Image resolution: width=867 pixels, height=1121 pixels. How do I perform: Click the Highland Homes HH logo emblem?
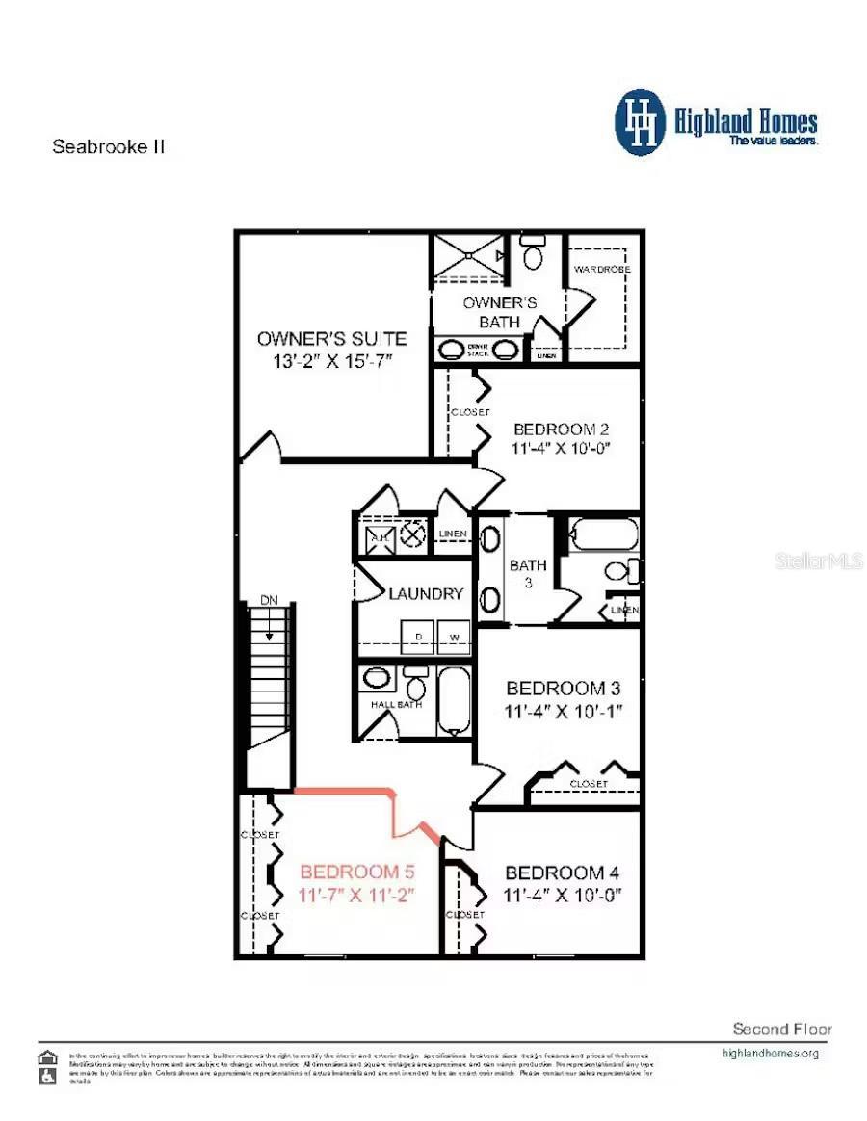tap(641, 122)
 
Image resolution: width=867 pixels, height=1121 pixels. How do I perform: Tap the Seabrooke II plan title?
tap(109, 147)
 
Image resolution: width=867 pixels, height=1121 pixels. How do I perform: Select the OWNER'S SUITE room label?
tap(331, 338)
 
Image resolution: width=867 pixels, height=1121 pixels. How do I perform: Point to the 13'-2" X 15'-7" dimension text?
tap(331, 360)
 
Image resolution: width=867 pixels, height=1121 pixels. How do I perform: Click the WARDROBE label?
tap(601, 269)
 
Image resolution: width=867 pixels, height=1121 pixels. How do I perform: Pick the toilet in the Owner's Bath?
tap(533, 254)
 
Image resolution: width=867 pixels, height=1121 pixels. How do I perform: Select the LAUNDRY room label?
tap(426, 594)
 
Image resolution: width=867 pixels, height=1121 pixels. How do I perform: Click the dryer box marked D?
tap(418, 638)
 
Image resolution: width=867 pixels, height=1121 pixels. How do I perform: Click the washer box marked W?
tap(454, 638)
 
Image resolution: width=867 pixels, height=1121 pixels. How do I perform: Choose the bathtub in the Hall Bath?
tap(451, 700)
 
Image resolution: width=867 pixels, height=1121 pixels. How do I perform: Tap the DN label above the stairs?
tap(269, 600)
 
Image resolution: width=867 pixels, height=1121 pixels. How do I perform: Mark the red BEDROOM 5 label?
tap(356, 873)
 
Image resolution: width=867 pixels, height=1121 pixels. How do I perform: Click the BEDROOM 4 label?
tap(562, 873)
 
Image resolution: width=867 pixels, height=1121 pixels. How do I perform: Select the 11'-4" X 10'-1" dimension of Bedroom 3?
tap(564, 712)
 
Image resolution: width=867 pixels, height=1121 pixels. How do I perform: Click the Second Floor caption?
tap(781, 1029)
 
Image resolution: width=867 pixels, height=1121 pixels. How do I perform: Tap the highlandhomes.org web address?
tap(770, 1053)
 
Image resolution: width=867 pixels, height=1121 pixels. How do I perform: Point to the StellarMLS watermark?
tap(818, 560)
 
